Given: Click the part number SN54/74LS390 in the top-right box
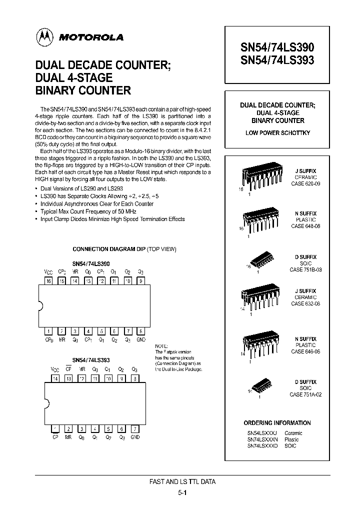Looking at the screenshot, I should point(277,48).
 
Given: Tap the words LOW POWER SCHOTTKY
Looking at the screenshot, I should point(277,132).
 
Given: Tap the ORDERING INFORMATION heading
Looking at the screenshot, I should point(277,422).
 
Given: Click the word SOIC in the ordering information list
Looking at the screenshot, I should point(290,445).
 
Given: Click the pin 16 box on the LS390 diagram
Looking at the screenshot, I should point(49,281).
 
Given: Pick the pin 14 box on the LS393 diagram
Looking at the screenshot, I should point(55,379).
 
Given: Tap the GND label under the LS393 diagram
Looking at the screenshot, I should point(135,437).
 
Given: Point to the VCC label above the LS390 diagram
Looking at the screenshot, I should point(48,272).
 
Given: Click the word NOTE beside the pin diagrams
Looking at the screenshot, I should point(161,346).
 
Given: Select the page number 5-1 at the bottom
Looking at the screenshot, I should point(183,492).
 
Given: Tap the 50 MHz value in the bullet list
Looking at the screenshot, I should point(120,211).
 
